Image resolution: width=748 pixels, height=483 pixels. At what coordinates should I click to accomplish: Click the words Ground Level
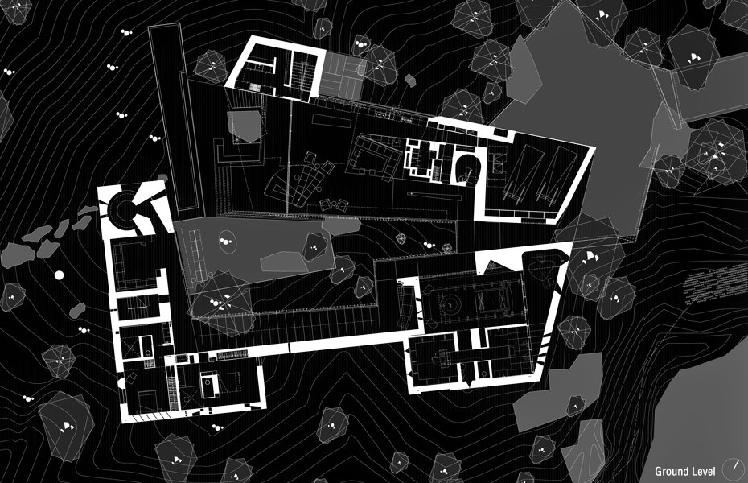click(684, 471)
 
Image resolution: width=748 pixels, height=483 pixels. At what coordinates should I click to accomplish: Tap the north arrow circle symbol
click(734, 468)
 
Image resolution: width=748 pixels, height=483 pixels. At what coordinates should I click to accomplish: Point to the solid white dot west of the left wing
click(58, 275)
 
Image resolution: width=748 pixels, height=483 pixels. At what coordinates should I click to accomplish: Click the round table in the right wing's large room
click(450, 305)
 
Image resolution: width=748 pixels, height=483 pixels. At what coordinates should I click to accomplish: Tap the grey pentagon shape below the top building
click(245, 126)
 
